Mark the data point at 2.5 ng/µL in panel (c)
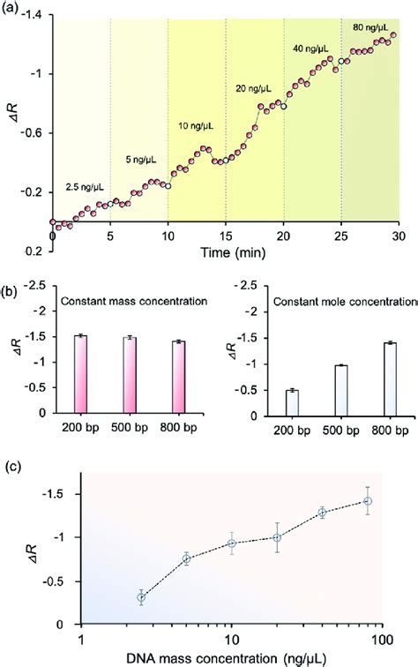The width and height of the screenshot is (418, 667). (141, 597)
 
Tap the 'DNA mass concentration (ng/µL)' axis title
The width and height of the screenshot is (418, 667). (231, 656)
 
